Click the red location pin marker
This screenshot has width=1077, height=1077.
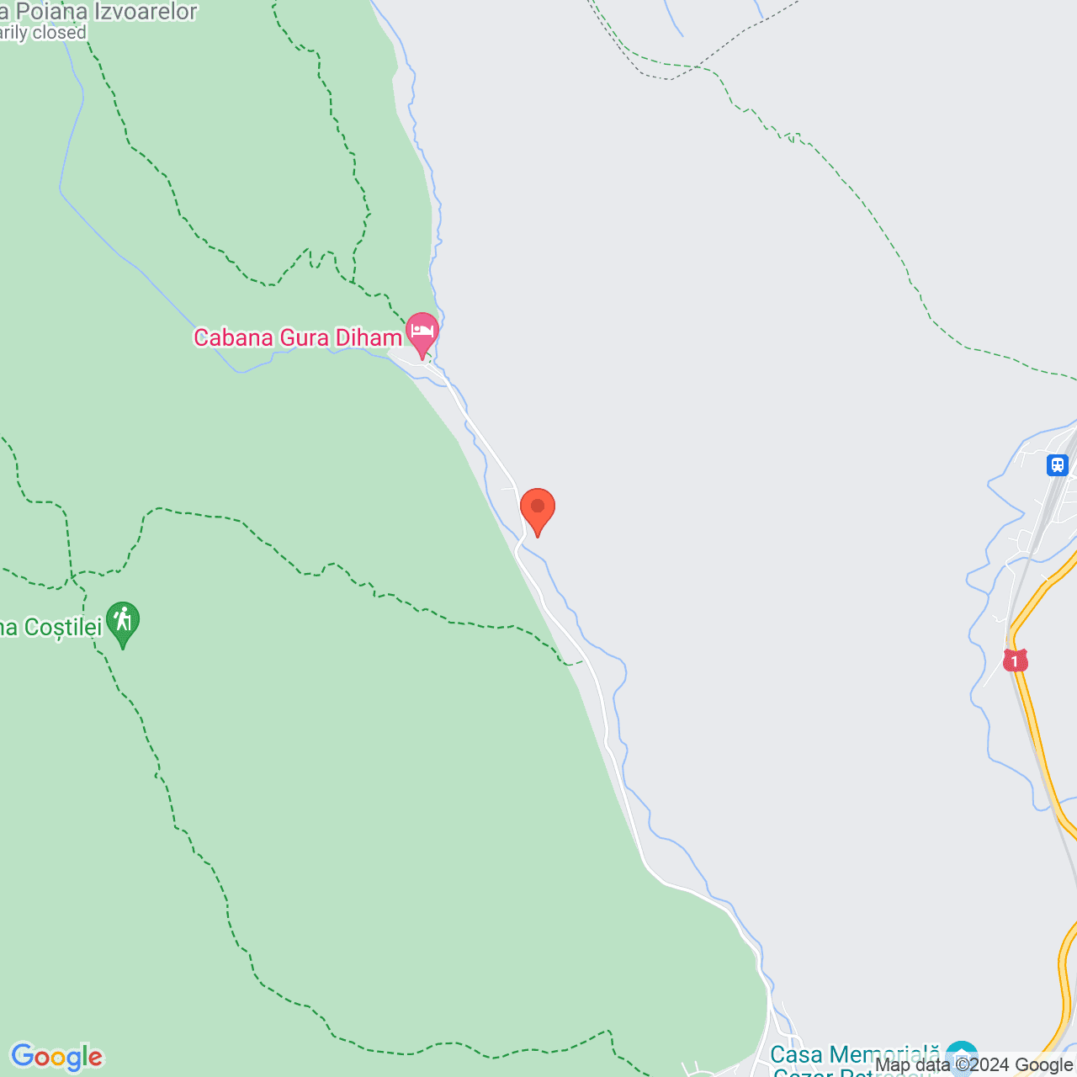[x=537, y=508]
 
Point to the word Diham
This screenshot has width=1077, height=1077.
[x=369, y=338]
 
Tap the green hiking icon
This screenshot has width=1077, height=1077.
[x=123, y=622]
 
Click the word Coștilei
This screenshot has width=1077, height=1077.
[x=63, y=628]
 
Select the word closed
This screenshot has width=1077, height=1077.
[x=59, y=33]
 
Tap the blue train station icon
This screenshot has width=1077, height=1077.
[x=1058, y=464]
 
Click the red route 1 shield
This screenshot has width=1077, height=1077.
[x=1016, y=661]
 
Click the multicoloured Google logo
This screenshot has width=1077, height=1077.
[x=56, y=1057]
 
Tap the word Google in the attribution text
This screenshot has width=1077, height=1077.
[x=1044, y=1065]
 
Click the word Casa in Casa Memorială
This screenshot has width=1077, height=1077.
[x=797, y=1054]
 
